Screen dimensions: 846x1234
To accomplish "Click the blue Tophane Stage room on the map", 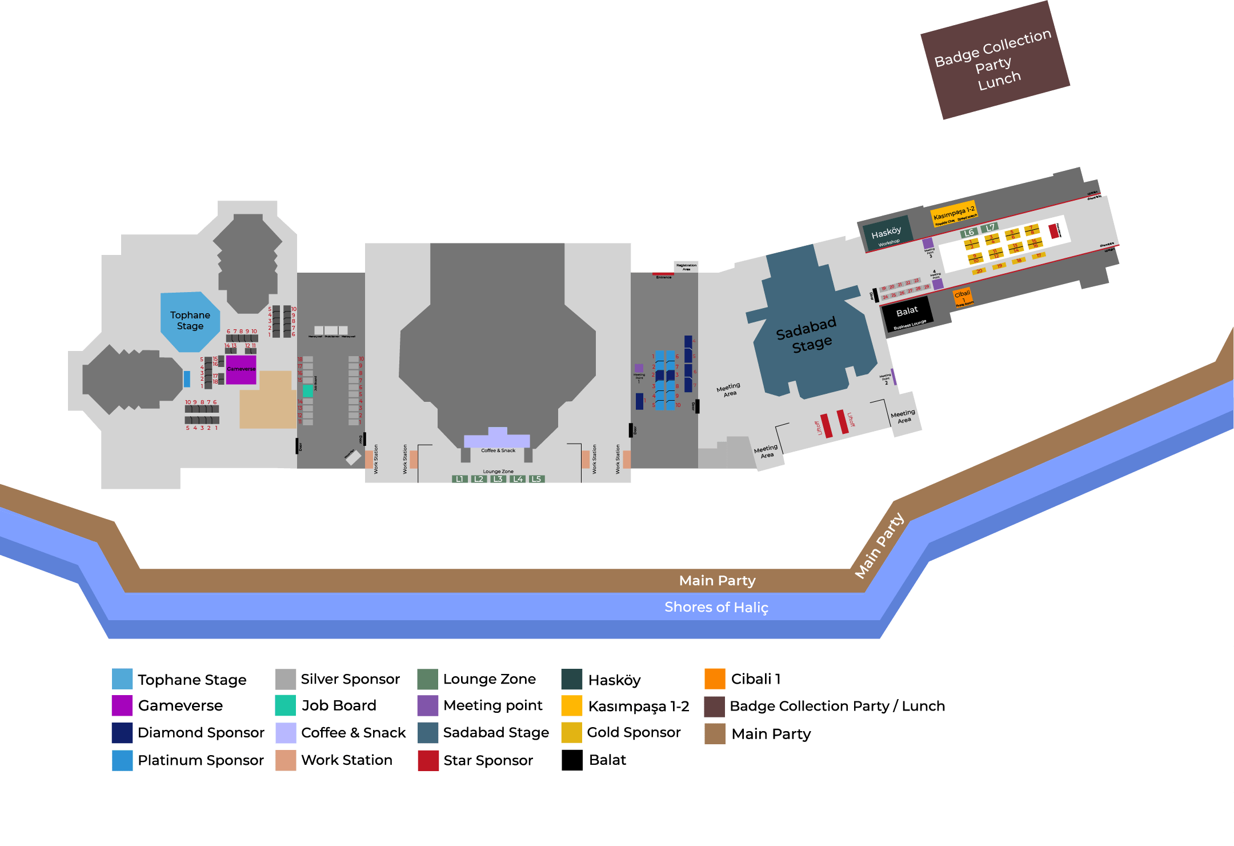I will point(190,321).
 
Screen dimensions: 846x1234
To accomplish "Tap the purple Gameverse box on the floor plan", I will point(241,369).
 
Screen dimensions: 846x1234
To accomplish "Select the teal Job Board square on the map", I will point(307,391).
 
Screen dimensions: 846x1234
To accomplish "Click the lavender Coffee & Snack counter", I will point(497,440).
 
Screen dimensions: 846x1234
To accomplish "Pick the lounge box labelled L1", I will point(459,479).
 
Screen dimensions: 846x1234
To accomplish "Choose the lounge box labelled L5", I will point(536,479).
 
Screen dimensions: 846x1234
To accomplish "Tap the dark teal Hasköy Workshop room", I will point(886,234).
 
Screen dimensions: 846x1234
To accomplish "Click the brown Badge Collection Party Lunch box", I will point(995,61).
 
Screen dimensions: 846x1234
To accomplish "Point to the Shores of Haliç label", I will point(716,607).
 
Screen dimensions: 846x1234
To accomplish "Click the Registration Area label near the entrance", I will point(686,266).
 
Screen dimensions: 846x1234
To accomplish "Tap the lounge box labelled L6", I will point(968,233).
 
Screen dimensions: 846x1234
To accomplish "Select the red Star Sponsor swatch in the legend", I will point(428,760).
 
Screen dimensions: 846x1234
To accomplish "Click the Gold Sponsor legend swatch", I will point(571,733).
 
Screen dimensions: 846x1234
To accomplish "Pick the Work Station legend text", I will point(346,760).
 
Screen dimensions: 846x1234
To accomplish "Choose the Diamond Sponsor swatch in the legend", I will point(122,733).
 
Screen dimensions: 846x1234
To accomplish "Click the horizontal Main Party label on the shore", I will point(717,581).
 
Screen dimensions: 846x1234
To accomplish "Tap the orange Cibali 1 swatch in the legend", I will point(715,679).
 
